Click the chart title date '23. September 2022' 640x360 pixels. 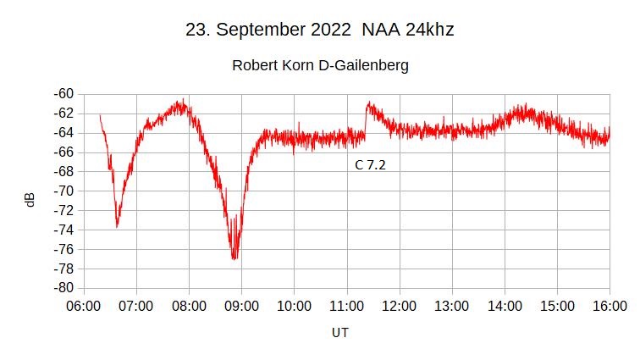(x=268, y=30)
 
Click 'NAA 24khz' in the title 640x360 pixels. (x=407, y=30)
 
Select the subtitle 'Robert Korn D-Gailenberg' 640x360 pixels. (x=320, y=65)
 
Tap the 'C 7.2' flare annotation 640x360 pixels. (x=370, y=165)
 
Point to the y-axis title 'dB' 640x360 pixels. (x=30, y=200)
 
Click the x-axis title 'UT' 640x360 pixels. (x=339, y=333)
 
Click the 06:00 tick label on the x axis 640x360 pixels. (x=85, y=305)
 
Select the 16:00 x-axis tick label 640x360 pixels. (x=610, y=305)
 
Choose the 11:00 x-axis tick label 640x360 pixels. (x=347, y=305)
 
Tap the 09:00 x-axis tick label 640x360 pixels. (x=242, y=305)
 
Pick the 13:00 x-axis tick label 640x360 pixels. (x=452, y=305)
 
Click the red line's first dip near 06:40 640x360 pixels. (x=117, y=224)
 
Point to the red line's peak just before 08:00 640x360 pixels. (x=179, y=102)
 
